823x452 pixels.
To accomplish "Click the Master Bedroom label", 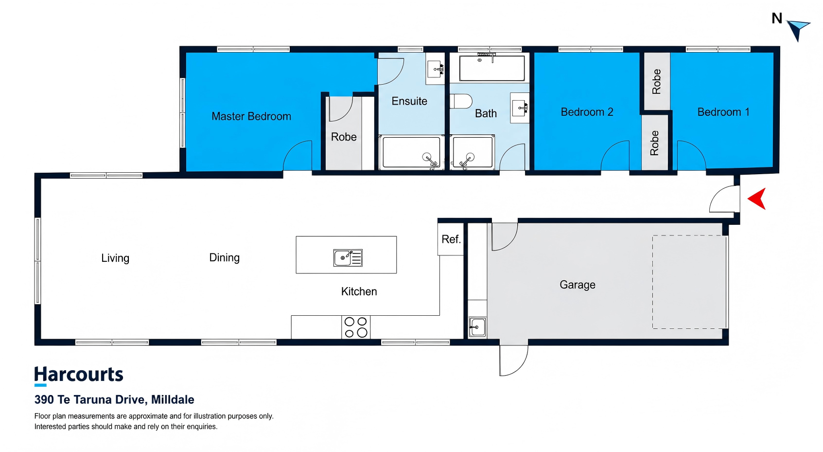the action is coord(251,116).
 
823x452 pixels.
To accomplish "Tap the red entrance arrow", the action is coord(757,199).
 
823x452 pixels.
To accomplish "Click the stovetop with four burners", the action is coord(356,327).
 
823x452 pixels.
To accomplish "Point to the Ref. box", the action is coord(451,239).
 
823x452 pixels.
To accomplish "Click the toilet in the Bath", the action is coord(461,101).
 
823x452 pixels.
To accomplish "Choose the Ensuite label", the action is coord(409,101).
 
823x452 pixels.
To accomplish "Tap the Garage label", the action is coord(577,285).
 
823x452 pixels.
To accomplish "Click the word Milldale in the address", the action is coord(173,399).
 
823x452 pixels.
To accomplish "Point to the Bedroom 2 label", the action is coord(587,112).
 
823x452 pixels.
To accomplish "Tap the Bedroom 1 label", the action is coord(723,112).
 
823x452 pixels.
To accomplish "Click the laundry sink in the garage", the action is coord(477,327).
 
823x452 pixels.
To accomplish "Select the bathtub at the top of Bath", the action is coord(492,68).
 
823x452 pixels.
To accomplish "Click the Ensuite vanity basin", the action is coord(436,69).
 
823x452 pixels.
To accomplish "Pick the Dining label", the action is coord(224,257).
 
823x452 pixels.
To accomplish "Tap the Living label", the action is coord(115,258).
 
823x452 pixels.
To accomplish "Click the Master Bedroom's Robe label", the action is coord(344,137).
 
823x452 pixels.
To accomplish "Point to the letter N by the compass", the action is coord(777,18).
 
